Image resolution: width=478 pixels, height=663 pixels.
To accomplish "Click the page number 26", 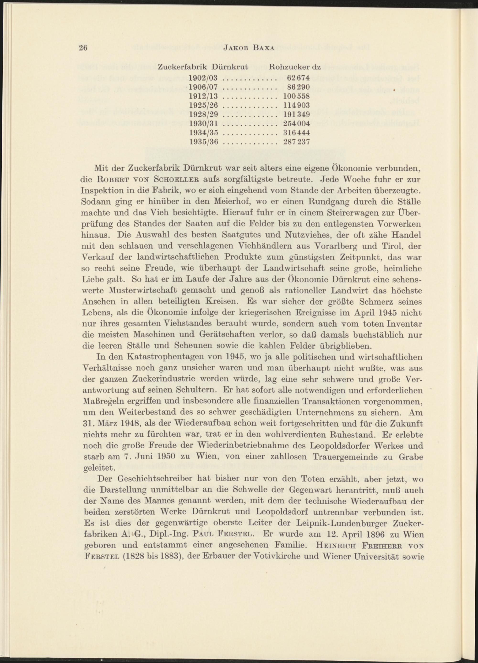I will tap(84, 48).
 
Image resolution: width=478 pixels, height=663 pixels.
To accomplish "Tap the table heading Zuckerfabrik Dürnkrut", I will tap(203, 67).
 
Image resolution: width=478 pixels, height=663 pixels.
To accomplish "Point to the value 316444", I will tap(296, 133).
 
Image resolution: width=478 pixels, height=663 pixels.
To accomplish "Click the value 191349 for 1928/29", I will tap(296, 114).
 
